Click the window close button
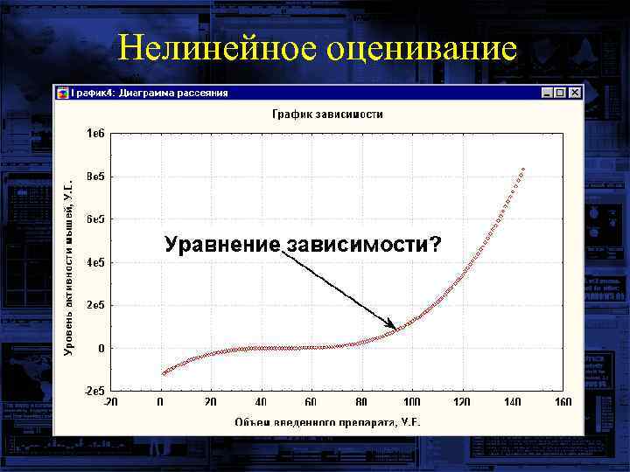click(575, 92)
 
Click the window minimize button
click(547, 92)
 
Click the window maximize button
click(560, 92)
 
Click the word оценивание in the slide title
click(419, 48)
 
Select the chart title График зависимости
click(326, 114)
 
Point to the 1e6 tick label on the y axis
click(94, 134)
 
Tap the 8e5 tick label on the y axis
click(94, 177)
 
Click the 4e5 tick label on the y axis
click(94, 262)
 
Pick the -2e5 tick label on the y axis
click(93, 390)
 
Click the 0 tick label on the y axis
click(101, 348)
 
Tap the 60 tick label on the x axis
click(311, 402)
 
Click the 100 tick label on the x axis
click(411, 402)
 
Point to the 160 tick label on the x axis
click(562, 402)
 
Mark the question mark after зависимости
click(434, 244)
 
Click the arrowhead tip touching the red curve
click(397, 329)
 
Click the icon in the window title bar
click(62, 92)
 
